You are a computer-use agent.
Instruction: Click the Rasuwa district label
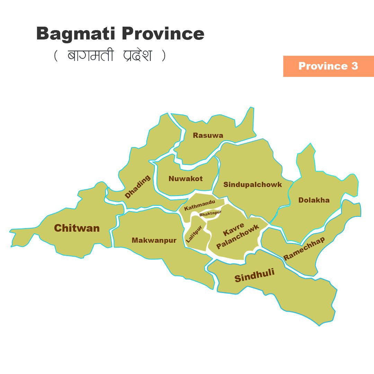tap(208, 135)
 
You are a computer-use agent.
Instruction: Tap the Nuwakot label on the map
tap(186, 179)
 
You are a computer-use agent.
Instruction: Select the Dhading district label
tap(138, 187)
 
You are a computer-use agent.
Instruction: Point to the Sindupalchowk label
tap(253, 185)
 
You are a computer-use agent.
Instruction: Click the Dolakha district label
tap(314, 200)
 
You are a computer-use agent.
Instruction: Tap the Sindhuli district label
tap(255, 275)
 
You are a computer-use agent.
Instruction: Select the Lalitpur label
tap(194, 234)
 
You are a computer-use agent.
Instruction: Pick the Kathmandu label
tap(199, 205)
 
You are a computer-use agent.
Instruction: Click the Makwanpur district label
tap(154, 240)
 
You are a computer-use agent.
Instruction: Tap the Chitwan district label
tap(77, 228)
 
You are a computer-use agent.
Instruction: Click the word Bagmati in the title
tap(77, 34)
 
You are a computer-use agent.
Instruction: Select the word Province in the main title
tap(163, 34)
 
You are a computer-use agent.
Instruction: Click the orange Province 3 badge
tap(328, 66)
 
